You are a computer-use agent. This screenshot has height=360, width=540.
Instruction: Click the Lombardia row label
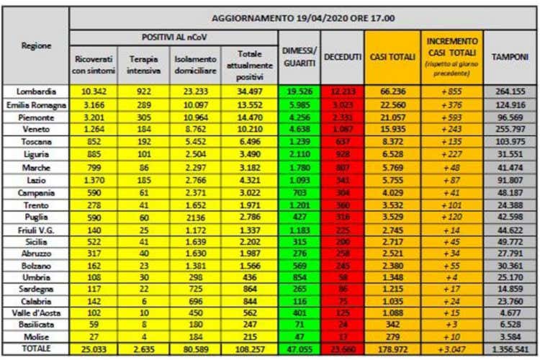pos(37,91)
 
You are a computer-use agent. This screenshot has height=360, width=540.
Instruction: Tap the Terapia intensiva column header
pos(143,64)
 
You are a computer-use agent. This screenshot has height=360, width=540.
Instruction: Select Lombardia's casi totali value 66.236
pos(392,91)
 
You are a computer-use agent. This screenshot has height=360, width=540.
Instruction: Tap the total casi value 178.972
pos(392,348)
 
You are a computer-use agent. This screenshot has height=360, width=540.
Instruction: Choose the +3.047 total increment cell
pos(452,348)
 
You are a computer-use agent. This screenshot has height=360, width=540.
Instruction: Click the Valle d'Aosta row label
pos(37,312)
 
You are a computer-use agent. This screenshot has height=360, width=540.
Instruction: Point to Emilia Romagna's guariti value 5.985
pos(298,104)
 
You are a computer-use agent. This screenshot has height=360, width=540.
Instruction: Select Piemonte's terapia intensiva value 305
pos(143,117)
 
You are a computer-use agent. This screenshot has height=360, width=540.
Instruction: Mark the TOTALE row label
pos(37,348)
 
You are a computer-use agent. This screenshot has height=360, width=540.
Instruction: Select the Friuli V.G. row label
pos(37,228)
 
